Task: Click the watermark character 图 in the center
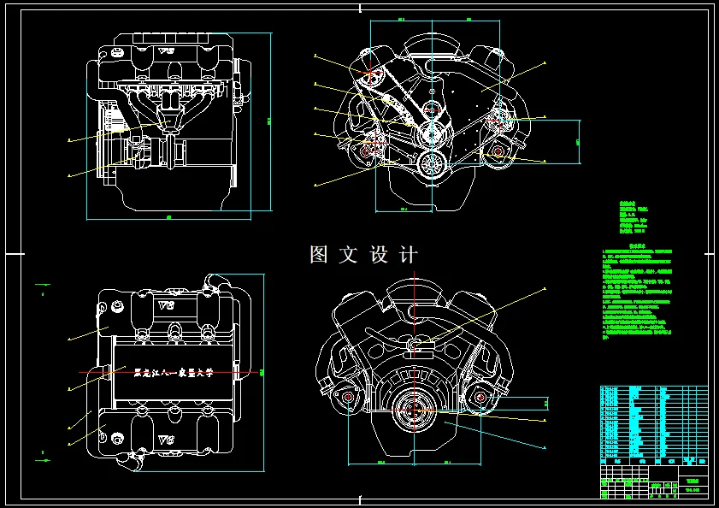pyautogui.click(x=320, y=255)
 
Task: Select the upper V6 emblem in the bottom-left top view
pyautogui.click(x=166, y=305)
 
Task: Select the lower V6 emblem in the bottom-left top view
pyautogui.click(x=166, y=440)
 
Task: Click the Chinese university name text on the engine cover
pyautogui.click(x=174, y=372)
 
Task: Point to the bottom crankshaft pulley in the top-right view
pyautogui.click(x=433, y=162)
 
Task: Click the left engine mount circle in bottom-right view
pyautogui.click(x=349, y=399)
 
